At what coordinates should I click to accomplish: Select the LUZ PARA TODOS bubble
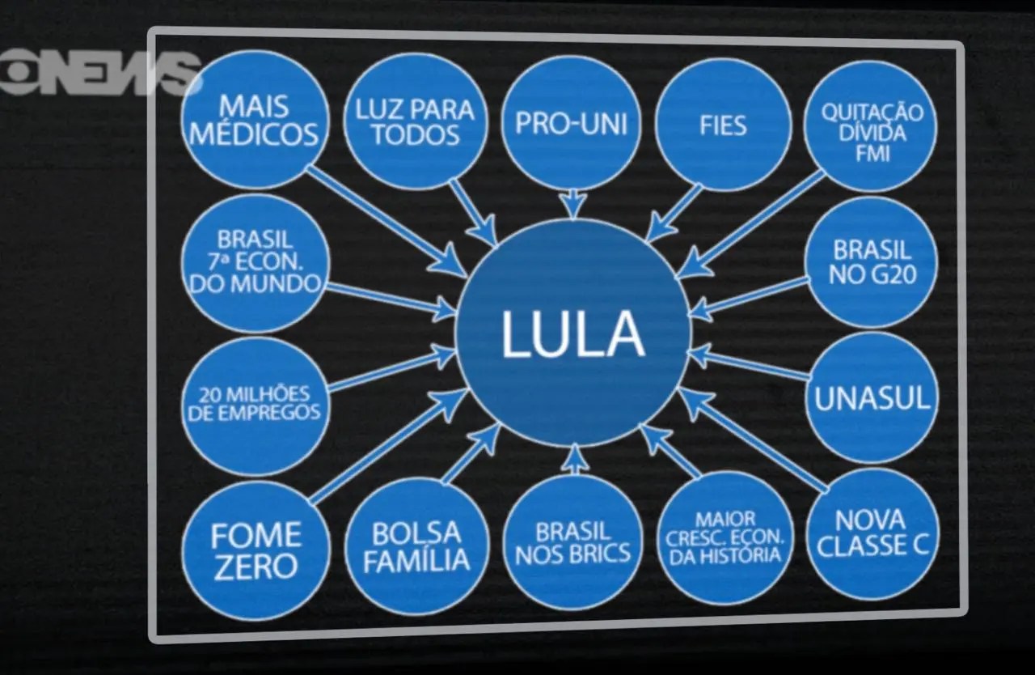(415, 121)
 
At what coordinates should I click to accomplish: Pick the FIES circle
(722, 125)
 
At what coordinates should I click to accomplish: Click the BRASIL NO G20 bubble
(872, 261)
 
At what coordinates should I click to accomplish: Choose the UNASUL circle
(872, 397)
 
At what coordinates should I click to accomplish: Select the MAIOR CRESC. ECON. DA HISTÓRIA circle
(724, 538)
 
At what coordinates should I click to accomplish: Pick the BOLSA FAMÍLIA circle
(416, 547)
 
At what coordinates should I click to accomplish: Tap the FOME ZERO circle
(256, 550)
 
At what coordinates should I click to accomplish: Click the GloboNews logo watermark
(97, 73)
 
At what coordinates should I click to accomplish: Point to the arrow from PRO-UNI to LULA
(572, 202)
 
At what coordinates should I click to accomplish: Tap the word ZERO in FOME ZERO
(256, 567)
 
